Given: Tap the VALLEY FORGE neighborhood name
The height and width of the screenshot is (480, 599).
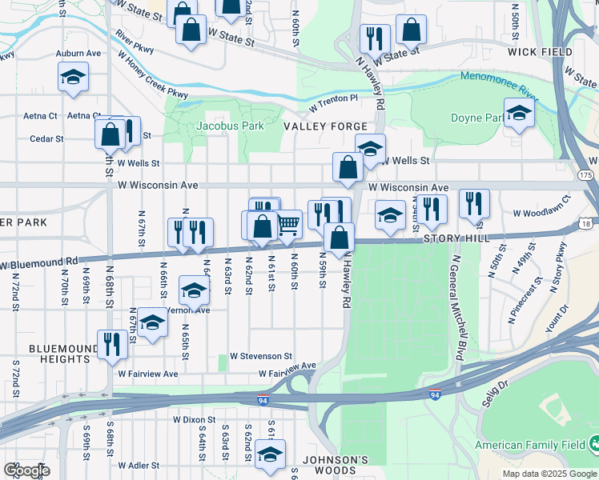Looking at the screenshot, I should (x=325, y=126).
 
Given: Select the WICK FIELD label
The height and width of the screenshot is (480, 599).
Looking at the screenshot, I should (x=540, y=52).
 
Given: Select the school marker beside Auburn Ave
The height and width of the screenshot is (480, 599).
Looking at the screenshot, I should (x=73, y=78).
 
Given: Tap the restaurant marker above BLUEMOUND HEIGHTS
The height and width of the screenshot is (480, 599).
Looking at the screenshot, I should (x=111, y=344).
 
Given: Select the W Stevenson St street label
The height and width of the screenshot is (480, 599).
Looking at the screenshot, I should (x=261, y=355).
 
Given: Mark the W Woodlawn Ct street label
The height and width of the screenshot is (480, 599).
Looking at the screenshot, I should (x=542, y=214).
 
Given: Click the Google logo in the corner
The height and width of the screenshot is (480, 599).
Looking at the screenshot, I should (x=26, y=470).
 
